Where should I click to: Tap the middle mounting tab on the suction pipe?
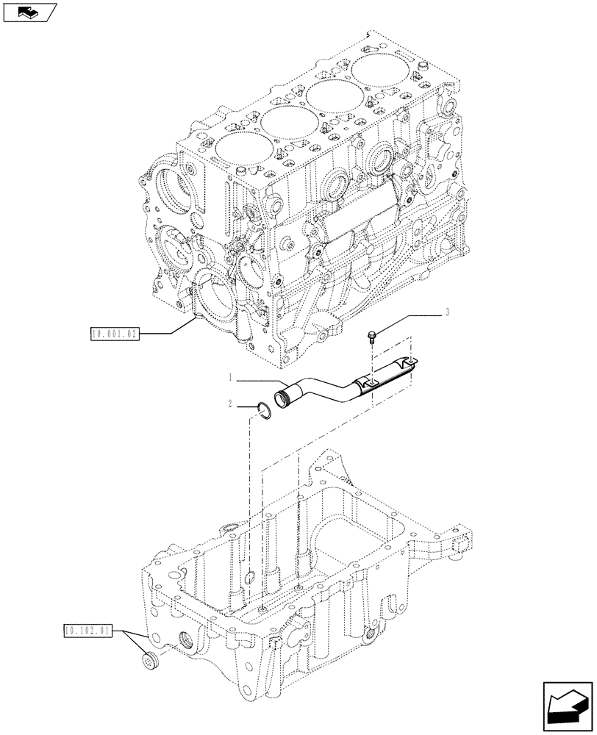click(368, 381)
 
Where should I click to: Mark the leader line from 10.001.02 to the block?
click(169, 329)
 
